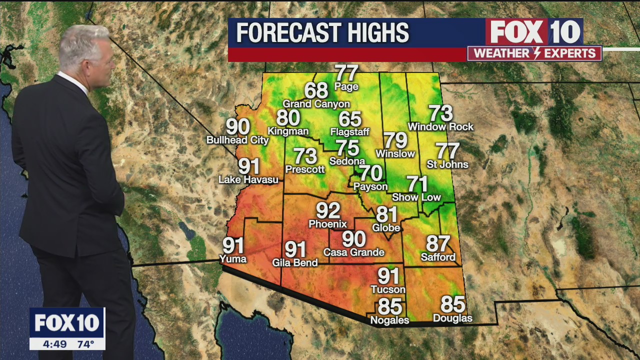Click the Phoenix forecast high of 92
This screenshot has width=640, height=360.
[x=328, y=210]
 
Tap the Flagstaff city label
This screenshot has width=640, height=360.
[x=349, y=132]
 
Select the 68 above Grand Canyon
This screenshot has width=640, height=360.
[x=316, y=90]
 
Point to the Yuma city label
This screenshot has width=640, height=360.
[x=233, y=258]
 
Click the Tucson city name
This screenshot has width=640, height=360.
[x=388, y=289]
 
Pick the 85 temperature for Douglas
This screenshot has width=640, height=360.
[x=452, y=304]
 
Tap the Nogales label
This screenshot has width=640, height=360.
[x=389, y=320]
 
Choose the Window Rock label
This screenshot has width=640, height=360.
[x=440, y=127]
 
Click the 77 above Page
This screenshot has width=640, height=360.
[x=346, y=72]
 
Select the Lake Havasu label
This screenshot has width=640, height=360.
[x=248, y=179]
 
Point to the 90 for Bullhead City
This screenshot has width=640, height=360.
[x=238, y=127]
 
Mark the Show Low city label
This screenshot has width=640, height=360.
[x=416, y=197]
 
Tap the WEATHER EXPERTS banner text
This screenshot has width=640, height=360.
[x=534, y=53]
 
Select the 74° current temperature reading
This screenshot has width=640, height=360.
[x=85, y=344]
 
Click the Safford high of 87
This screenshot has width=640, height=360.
[x=438, y=243]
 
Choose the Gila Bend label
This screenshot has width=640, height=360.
[x=295, y=262]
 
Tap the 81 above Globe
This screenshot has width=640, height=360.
[x=386, y=214]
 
